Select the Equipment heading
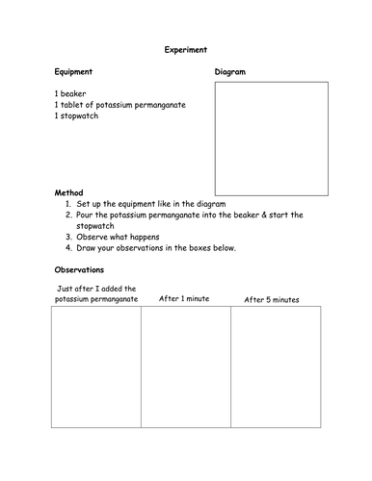tap(73, 71)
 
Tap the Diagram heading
tap(230, 72)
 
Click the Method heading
tap(69, 192)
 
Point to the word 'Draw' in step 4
tap(89, 248)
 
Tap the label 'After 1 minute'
tap(184, 299)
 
